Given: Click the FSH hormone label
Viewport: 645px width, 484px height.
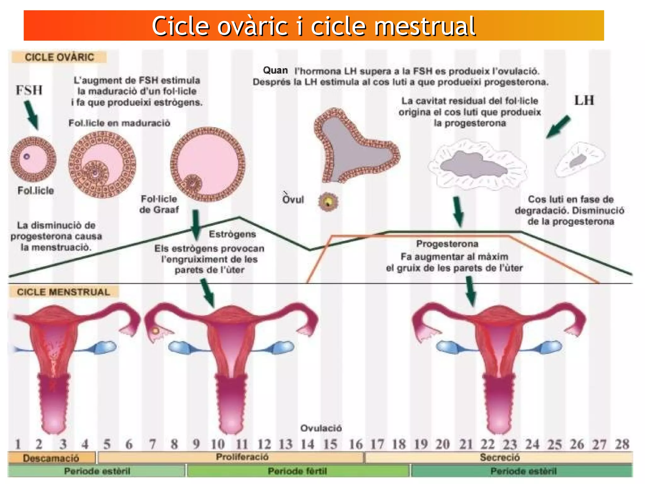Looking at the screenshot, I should (x=29, y=90).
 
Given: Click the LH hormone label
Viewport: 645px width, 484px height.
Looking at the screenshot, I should (x=584, y=100).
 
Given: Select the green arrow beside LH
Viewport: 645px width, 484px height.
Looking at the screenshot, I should (x=558, y=127).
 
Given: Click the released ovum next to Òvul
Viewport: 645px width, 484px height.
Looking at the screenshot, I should (x=328, y=202).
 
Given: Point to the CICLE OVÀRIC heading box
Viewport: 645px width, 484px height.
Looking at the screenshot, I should (x=59, y=57).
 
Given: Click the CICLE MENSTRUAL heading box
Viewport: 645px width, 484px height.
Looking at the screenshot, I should (x=63, y=292).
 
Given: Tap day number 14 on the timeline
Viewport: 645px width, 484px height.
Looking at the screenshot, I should (x=307, y=444).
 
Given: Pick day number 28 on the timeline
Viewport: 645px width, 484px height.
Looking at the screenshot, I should (x=622, y=444).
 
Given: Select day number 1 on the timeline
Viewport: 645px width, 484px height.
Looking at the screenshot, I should (x=18, y=444).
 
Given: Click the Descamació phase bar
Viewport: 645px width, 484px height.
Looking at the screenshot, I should (x=51, y=458).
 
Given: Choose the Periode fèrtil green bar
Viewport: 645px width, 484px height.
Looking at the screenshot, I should (x=298, y=471).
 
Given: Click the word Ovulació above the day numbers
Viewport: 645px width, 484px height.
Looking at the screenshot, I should (x=321, y=428).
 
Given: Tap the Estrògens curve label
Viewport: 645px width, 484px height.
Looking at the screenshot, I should (x=232, y=234).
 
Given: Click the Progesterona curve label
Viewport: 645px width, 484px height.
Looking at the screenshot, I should (x=447, y=244).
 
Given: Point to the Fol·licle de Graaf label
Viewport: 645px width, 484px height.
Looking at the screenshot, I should (x=159, y=204).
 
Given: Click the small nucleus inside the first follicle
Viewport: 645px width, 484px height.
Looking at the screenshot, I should (x=27, y=156).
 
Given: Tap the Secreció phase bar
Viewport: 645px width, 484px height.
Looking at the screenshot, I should (x=499, y=457).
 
